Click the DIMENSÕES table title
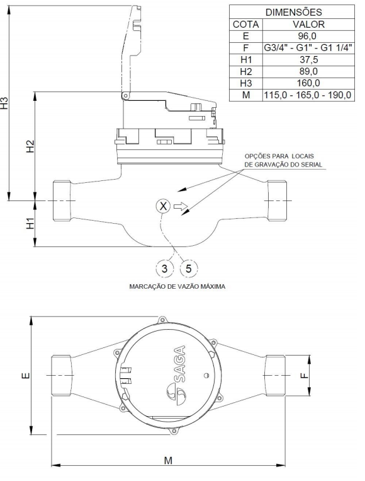tap(293, 12)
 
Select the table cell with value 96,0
tap(308, 36)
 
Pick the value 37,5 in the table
tap(308, 59)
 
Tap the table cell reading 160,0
tap(308, 83)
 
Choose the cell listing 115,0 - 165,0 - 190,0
tap(308, 95)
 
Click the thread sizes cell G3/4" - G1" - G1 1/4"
tap(308, 48)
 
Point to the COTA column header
tap(246, 24)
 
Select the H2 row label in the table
tap(246, 71)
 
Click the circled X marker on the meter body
tap(163, 206)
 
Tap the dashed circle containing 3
tap(164, 269)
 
